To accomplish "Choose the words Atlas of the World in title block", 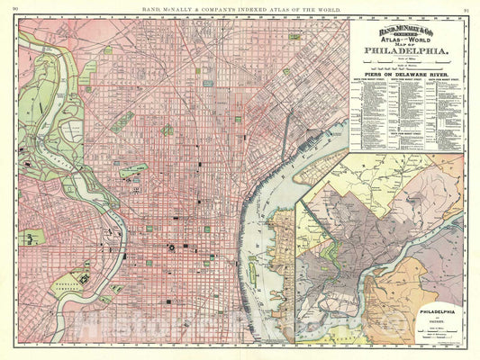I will coord(406,50).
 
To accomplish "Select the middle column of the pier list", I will coord(406,126).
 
